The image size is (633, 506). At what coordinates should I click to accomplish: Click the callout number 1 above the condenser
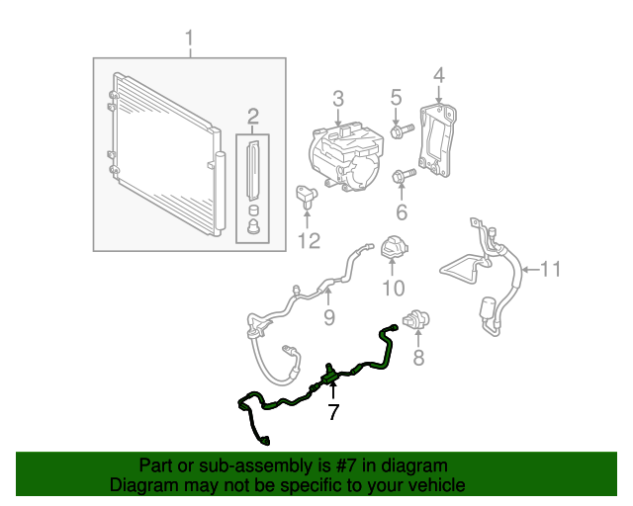click(x=190, y=40)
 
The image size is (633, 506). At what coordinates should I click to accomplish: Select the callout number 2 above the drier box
click(x=252, y=116)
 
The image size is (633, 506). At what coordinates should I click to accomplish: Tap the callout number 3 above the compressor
click(x=337, y=98)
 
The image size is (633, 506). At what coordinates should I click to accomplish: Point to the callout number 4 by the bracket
click(x=438, y=74)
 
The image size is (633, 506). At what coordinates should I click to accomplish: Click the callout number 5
click(x=396, y=97)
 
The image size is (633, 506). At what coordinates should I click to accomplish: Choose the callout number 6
click(x=401, y=212)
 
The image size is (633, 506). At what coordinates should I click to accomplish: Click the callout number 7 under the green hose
click(x=333, y=412)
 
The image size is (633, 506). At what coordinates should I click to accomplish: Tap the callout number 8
click(x=418, y=358)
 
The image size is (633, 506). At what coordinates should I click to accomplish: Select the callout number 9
click(x=329, y=317)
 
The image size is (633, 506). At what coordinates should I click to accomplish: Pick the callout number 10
click(x=394, y=288)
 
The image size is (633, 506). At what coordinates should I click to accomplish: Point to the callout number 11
click(x=550, y=268)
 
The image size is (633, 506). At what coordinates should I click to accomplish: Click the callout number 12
click(x=309, y=240)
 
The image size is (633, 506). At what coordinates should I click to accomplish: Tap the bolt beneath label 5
click(x=401, y=131)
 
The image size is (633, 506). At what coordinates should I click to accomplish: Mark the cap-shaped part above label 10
click(x=394, y=248)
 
